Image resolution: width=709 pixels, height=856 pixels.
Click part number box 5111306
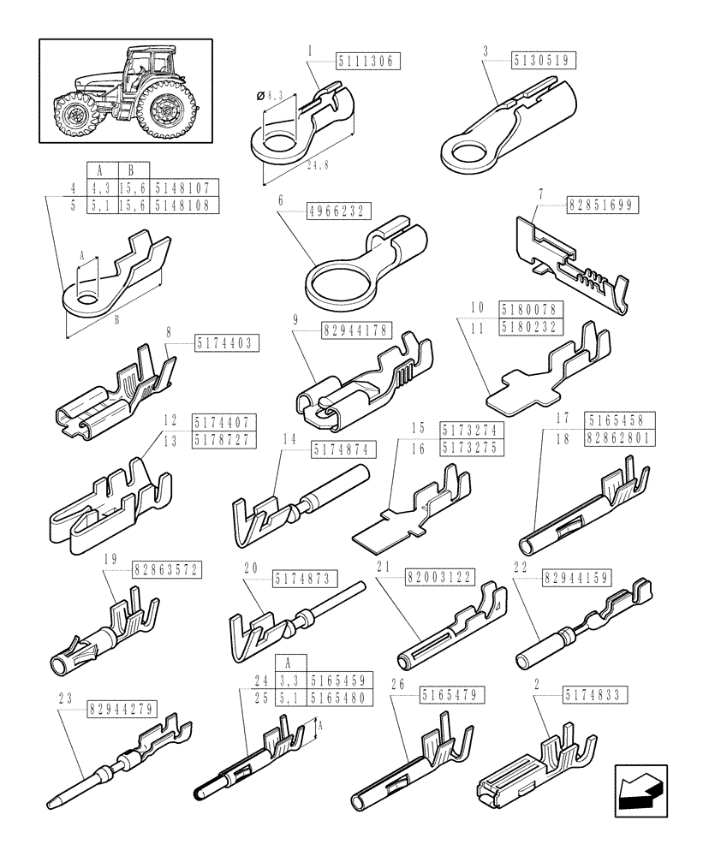point(367,61)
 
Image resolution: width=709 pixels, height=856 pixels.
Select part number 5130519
point(544,60)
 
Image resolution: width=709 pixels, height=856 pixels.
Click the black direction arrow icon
point(640,786)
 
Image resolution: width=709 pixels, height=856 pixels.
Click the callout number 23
point(65,696)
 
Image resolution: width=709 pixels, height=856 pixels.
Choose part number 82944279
point(121,710)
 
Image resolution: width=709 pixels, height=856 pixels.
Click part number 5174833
point(596,695)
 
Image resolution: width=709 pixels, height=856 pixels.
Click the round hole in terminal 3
point(468,154)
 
